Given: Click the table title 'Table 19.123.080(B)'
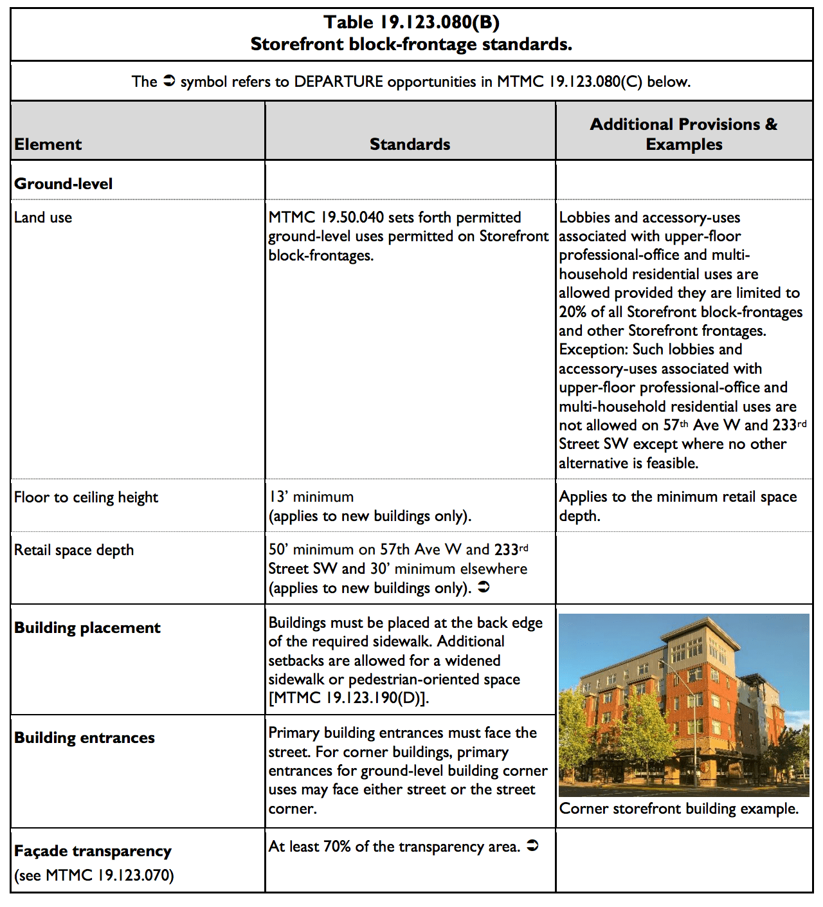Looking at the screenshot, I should tap(411, 23).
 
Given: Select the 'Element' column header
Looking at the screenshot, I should tap(48, 144).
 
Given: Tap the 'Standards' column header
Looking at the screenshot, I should tap(410, 144).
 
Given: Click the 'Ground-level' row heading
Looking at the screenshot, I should tap(63, 184).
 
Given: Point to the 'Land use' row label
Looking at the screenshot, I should tap(43, 217).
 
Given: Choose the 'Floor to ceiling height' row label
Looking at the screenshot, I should tap(86, 497).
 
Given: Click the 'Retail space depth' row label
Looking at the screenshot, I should tap(74, 550).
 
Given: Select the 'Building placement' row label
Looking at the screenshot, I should tap(87, 628).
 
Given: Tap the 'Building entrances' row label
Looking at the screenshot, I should tap(84, 738).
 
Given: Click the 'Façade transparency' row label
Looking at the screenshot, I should tap(93, 851).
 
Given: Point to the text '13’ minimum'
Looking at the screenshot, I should tap(311, 497).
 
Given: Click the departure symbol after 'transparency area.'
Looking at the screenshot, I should tap(532, 846).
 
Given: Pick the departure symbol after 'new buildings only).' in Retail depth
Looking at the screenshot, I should tap(484, 587).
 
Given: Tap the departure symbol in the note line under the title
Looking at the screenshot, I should tap(168, 81).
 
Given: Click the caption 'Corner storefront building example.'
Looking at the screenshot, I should tap(679, 809).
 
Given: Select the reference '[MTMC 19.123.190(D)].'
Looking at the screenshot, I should tap(348, 698).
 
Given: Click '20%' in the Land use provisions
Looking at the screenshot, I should tap(572, 312).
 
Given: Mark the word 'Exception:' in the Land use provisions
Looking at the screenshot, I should tap(593, 349).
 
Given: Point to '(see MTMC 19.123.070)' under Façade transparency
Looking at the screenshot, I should tap(94, 875).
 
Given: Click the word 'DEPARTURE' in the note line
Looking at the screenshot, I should tap(338, 82).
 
